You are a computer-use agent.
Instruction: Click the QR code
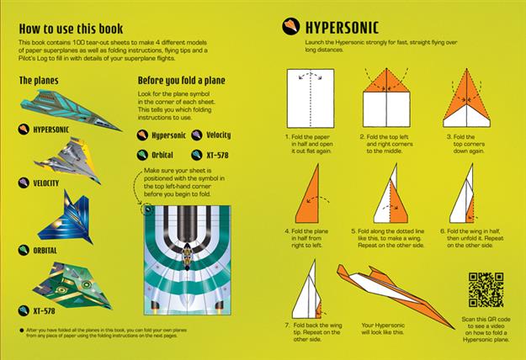pos(486,289)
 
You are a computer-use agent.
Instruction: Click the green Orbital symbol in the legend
pos(143,155)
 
